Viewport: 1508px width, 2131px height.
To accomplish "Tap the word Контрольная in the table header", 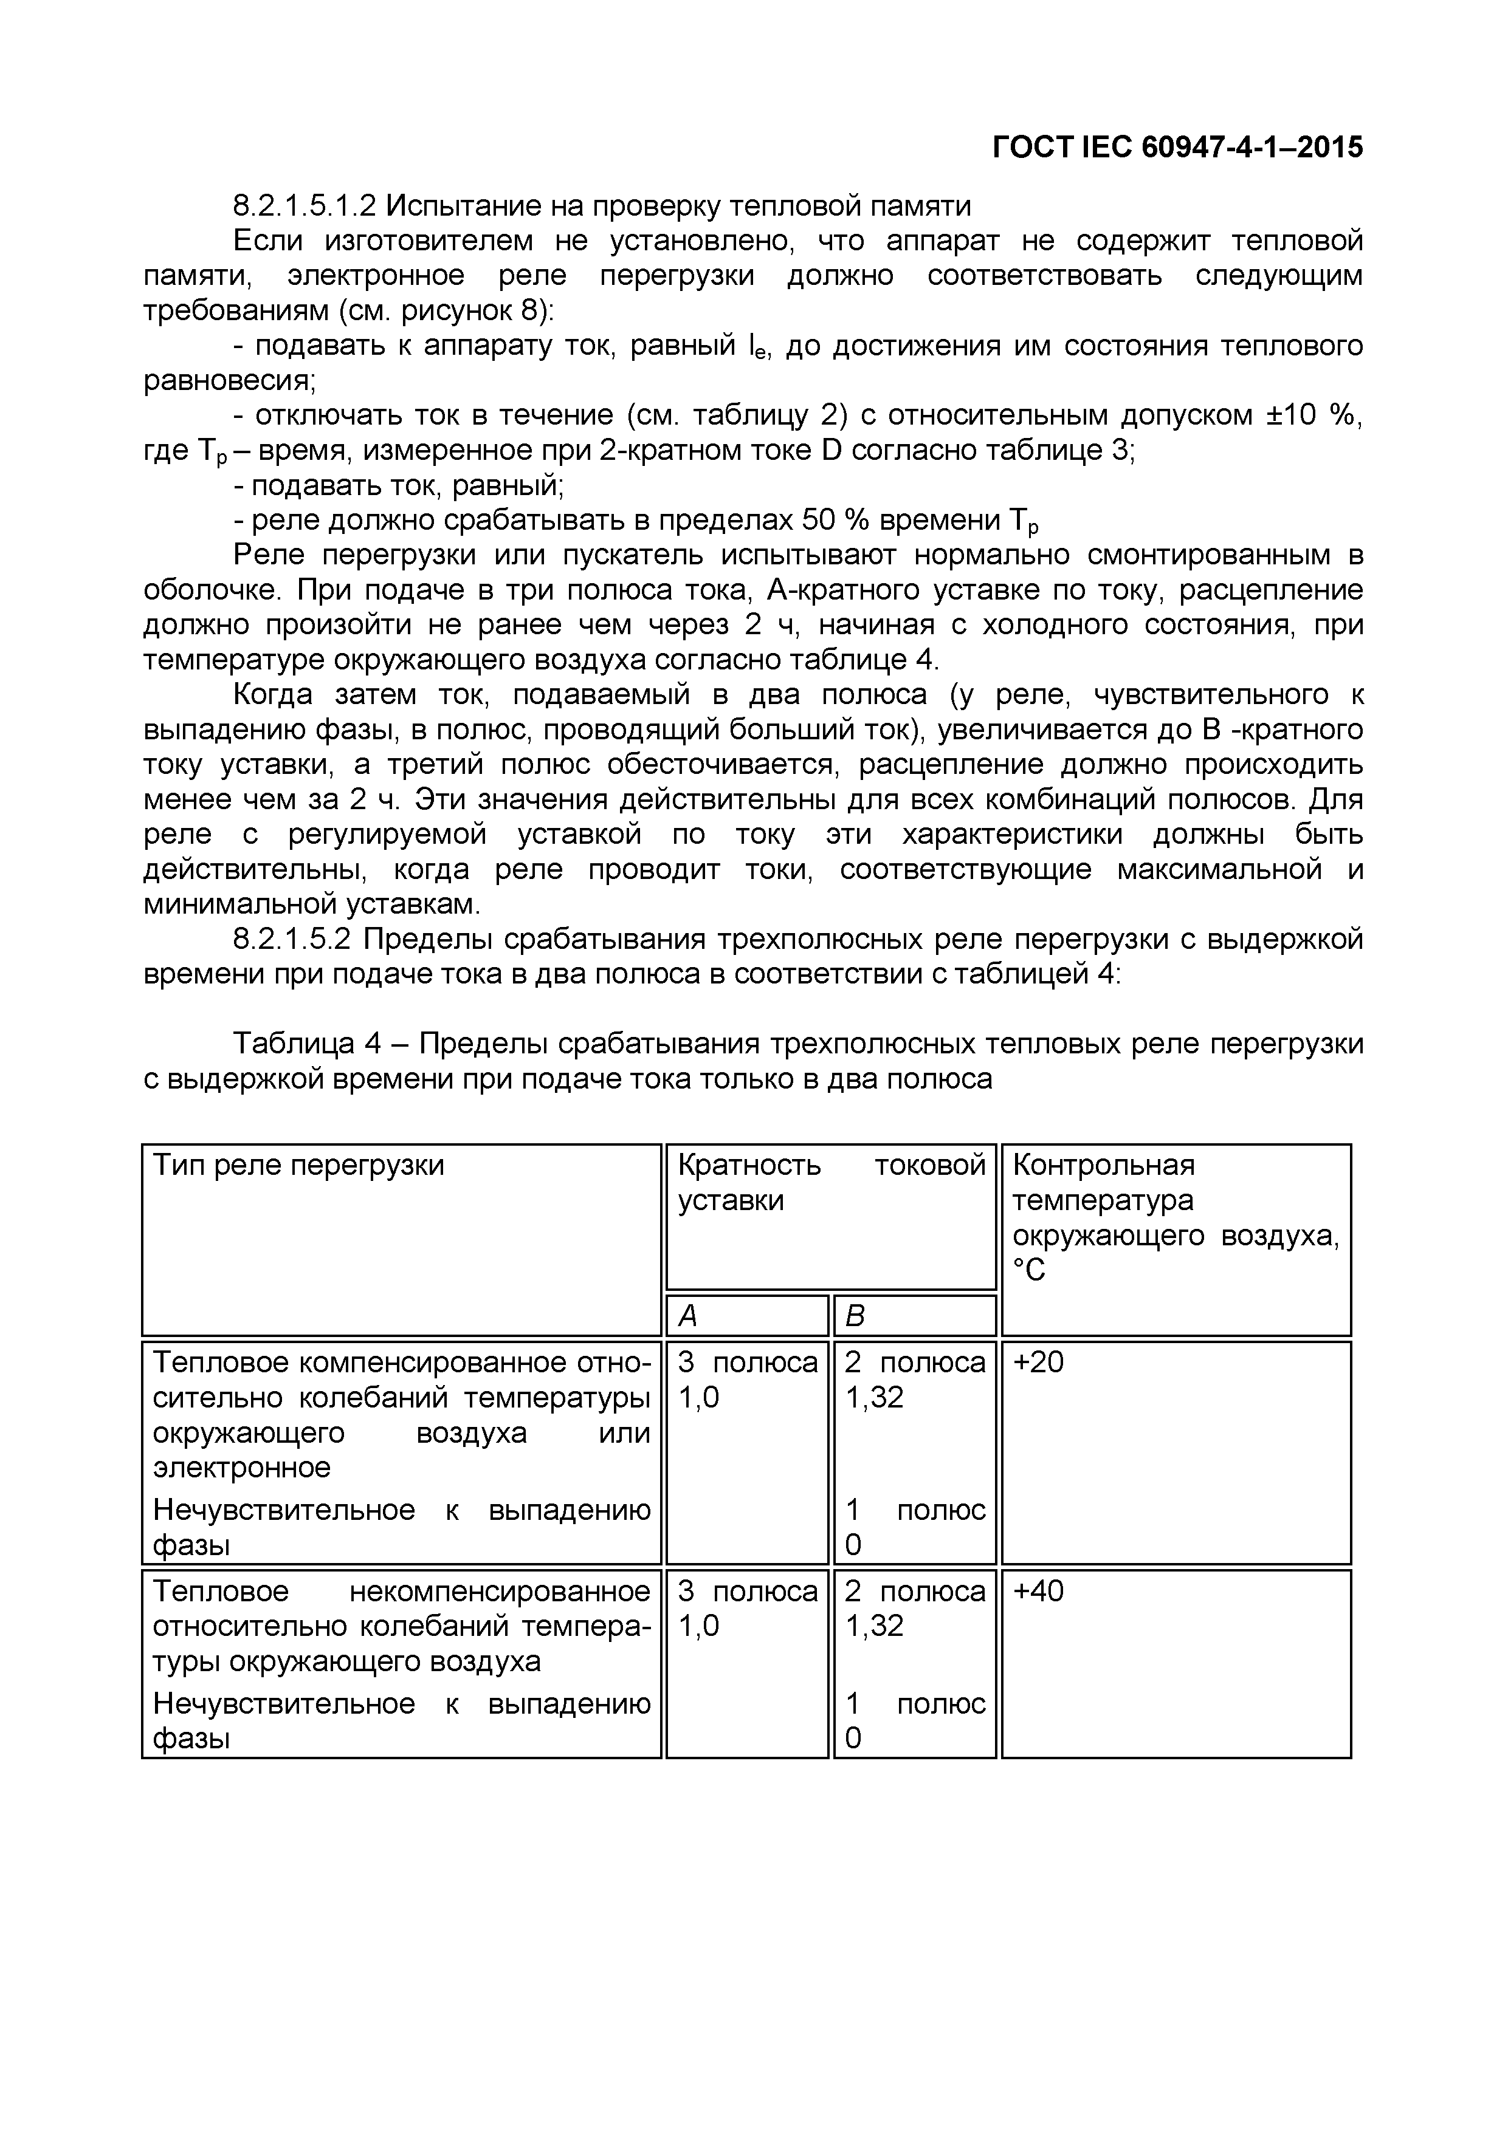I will [1103, 1165].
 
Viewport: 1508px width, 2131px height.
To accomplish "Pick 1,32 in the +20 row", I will [874, 1398].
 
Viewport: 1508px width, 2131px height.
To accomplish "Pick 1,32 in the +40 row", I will [874, 1626].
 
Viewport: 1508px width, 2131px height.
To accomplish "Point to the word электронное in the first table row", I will [241, 1468].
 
